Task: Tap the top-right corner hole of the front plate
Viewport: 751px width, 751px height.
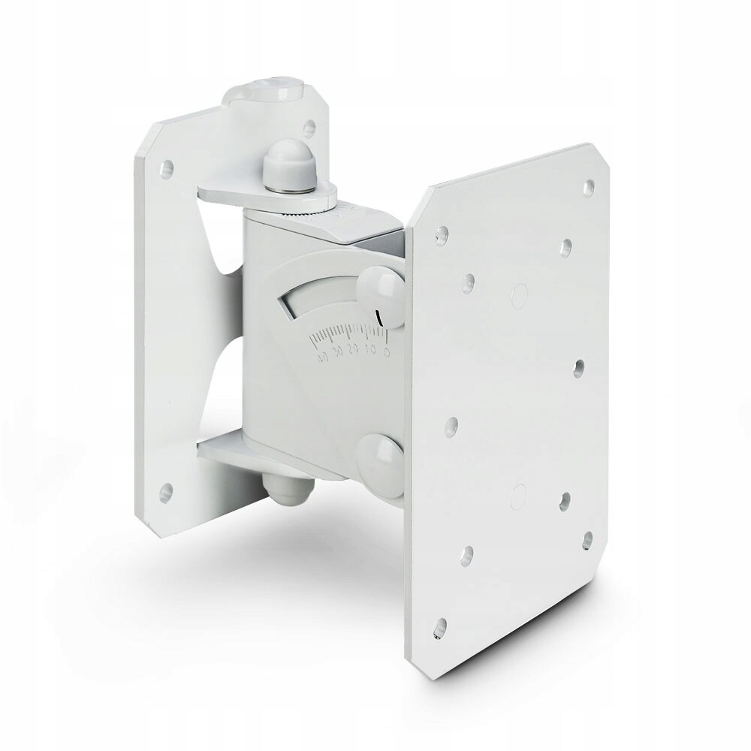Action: pos(590,182)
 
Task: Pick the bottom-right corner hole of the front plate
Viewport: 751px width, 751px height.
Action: pos(588,538)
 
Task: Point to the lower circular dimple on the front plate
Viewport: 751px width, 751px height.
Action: pos(517,493)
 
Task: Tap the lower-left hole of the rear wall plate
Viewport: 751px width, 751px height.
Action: pos(166,493)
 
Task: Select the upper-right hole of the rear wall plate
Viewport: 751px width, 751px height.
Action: pos(309,128)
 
